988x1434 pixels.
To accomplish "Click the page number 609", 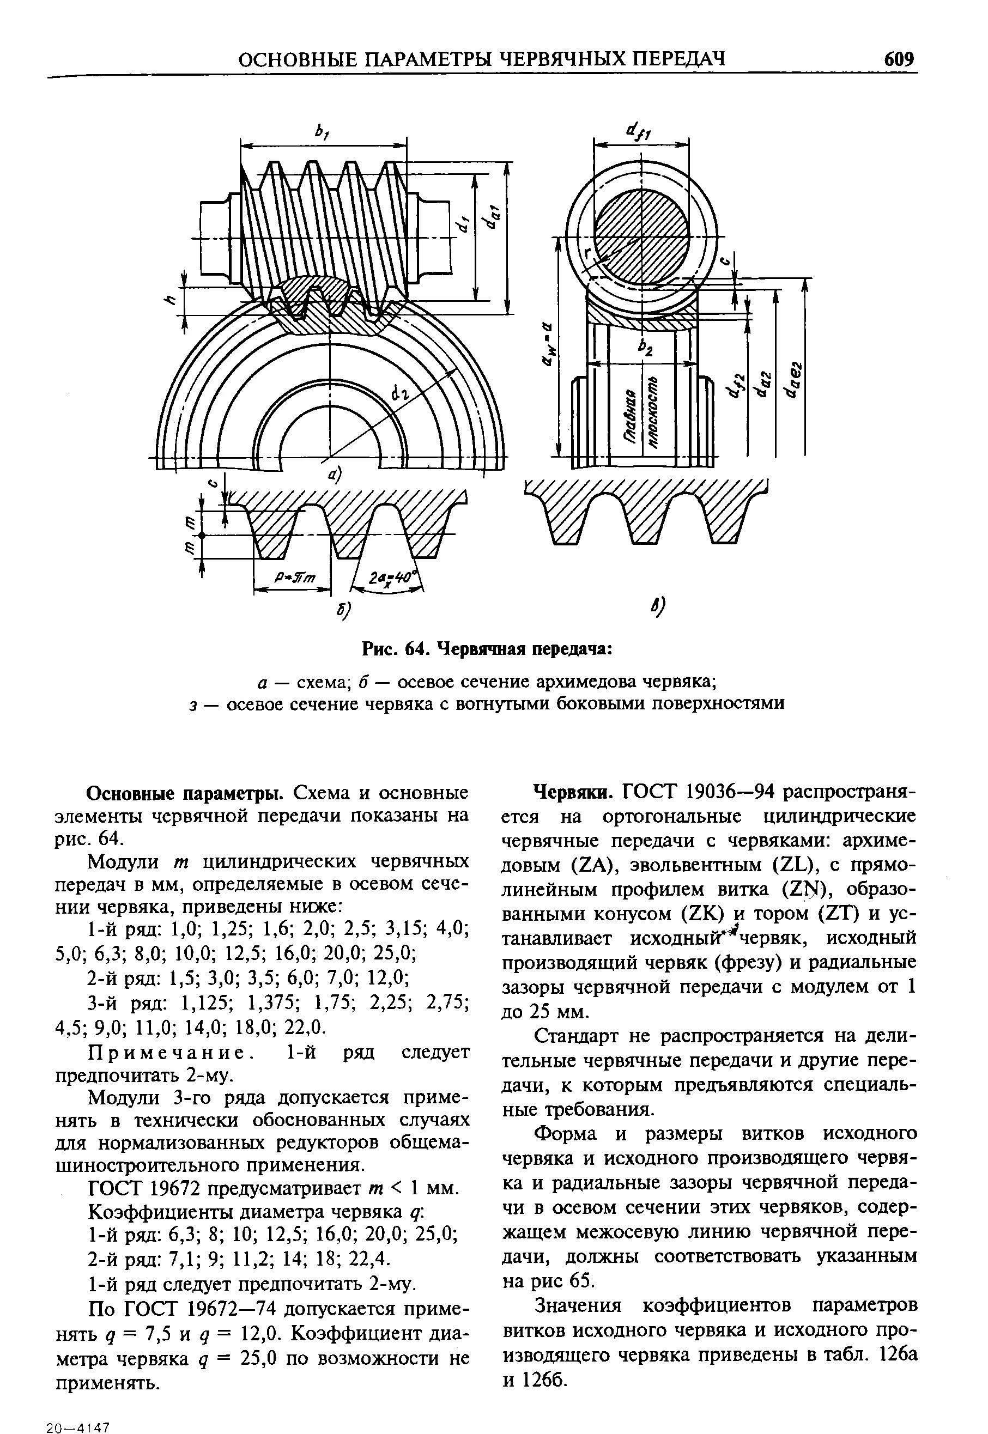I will [x=898, y=59].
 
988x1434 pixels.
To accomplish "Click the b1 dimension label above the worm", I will [x=322, y=132].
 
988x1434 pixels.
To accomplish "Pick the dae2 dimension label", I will [x=792, y=379].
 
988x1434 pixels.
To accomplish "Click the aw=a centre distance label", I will [x=547, y=347].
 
